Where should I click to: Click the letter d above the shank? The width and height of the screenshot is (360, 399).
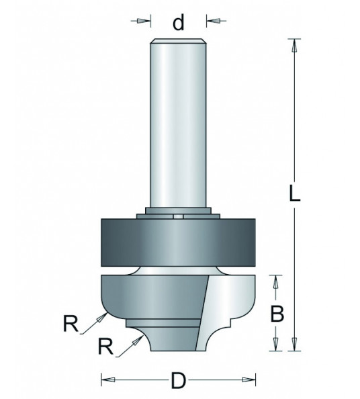tap(179, 24)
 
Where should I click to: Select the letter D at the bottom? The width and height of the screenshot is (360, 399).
tap(179, 381)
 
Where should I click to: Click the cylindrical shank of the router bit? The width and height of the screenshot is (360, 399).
tap(179, 121)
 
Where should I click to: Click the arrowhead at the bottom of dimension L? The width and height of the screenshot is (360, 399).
tap(293, 346)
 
